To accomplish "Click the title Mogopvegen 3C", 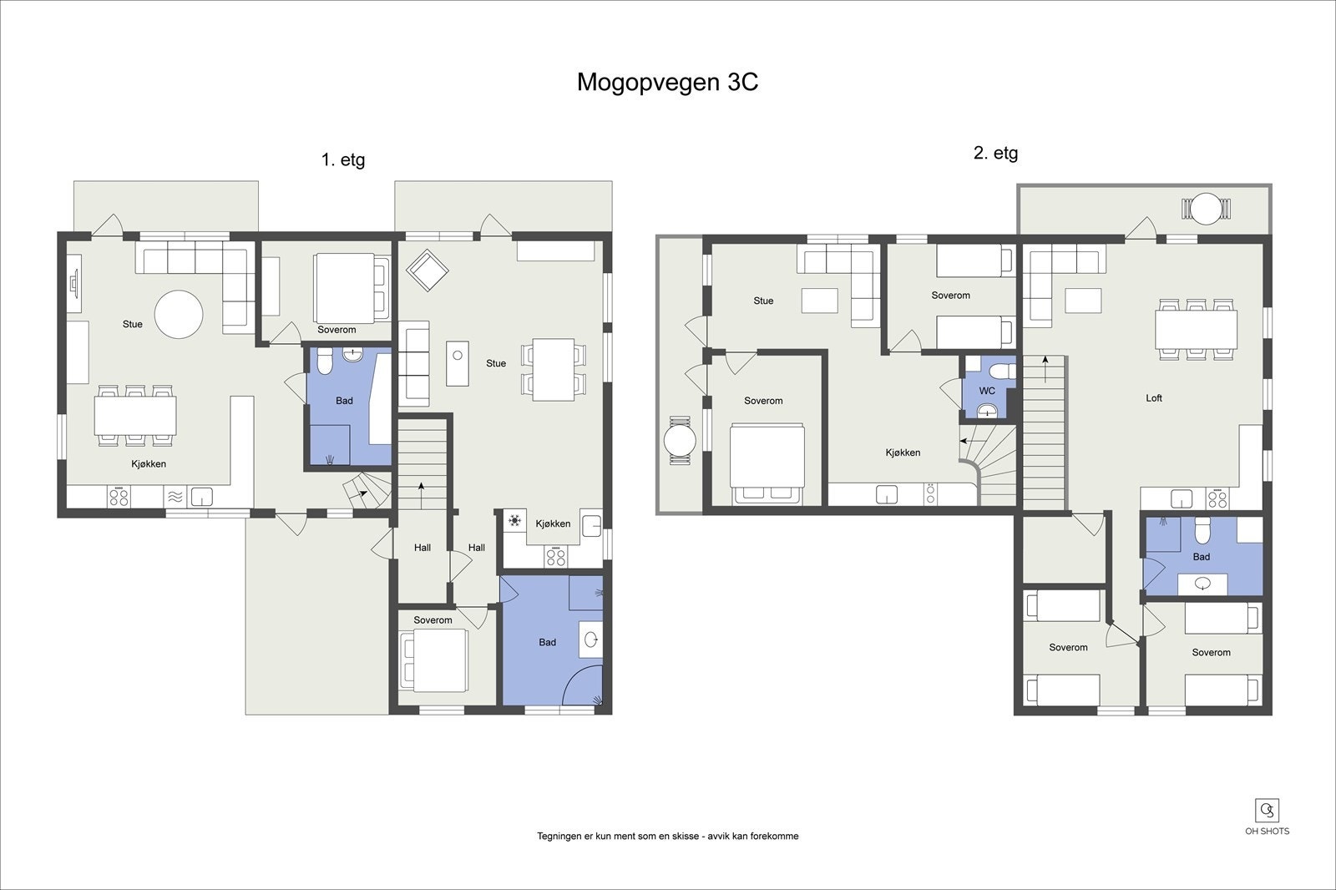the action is [667, 83].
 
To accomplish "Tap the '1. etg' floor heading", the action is [343, 159].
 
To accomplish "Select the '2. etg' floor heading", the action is [995, 153].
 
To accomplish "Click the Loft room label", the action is [1153, 398].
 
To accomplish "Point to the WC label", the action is [987, 391].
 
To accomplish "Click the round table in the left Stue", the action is [179, 315].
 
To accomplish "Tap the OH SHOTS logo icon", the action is [1267, 811].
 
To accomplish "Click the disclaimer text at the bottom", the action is [667, 836].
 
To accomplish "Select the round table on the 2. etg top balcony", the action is [1206, 209].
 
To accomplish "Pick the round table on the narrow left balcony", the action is [680, 440].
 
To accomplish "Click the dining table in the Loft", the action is [1196, 329].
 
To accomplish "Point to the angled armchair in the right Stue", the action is [427, 271].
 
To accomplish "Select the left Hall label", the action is [423, 548].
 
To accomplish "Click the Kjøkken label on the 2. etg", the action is [903, 453].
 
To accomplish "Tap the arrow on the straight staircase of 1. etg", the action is [422, 495].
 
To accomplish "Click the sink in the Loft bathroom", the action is [1202, 584].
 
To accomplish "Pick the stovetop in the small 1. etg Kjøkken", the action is [556, 557].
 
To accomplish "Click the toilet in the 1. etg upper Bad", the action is [325, 361].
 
